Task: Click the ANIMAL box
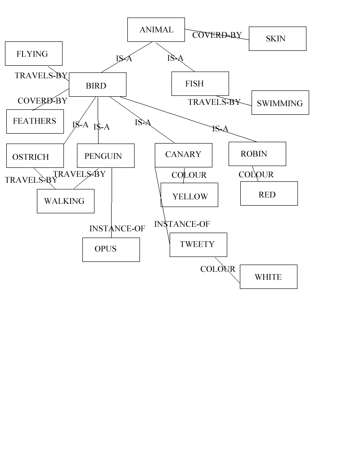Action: pyautogui.click(x=156, y=30)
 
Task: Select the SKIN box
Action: pyautogui.click(x=278, y=39)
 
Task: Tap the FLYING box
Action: pyautogui.click(x=34, y=54)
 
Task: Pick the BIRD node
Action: pyautogui.click(x=98, y=85)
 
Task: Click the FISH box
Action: pyautogui.click(x=200, y=84)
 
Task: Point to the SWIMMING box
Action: pyautogui.click(x=280, y=103)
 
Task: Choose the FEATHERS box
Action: pyautogui.click(x=35, y=121)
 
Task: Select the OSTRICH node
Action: pyautogui.click(x=35, y=156)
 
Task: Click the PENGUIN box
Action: pyautogui.click(x=106, y=156)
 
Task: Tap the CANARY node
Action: pyautogui.click(x=184, y=155)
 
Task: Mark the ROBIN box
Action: pyautogui.click(x=257, y=154)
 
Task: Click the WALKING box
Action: pyautogui.click(x=66, y=201)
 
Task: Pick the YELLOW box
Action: pyautogui.click(x=189, y=195)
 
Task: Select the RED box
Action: pyautogui.click(x=269, y=193)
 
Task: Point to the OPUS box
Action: pyautogui.click(x=111, y=250)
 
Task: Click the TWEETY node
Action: pyautogui.click(x=198, y=245)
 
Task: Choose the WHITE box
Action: pyautogui.click(x=269, y=277)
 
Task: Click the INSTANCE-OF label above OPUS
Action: pyautogui.click(x=117, y=229)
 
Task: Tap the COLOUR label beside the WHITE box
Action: pyautogui.click(x=218, y=269)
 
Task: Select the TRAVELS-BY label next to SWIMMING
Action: pyautogui.click(x=214, y=102)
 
